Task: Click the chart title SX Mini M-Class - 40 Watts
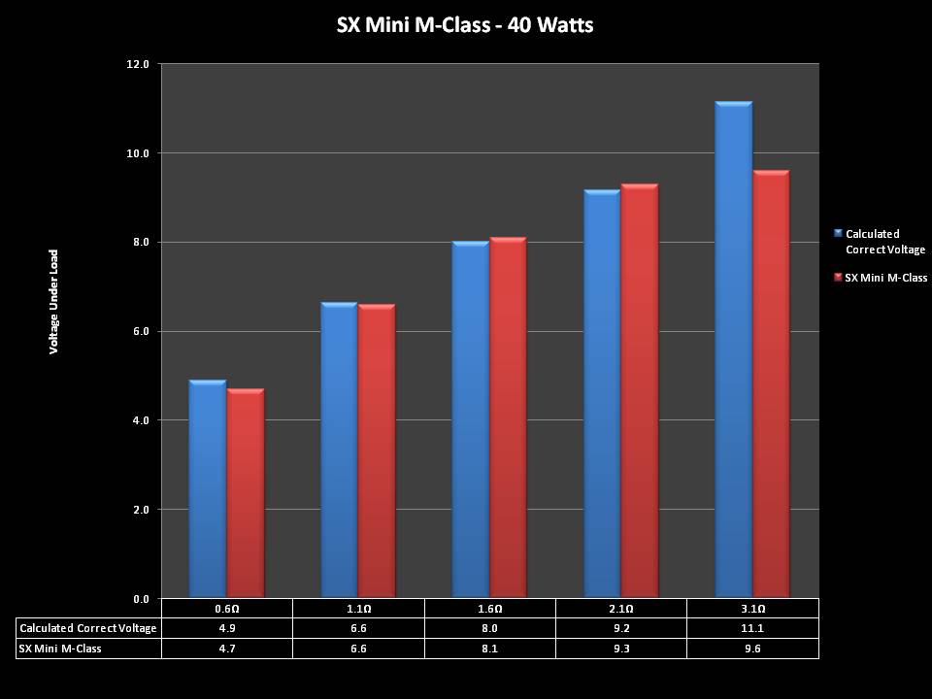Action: tap(464, 25)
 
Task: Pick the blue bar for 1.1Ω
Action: tap(339, 450)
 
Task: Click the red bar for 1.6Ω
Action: tap(508, 417)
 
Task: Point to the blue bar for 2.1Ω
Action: tap(602, 393)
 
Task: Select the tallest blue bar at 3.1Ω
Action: tap(733, 349)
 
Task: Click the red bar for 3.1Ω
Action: tap(771, 384)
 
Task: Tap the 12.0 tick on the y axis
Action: tap(139, 64)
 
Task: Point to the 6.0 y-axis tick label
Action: tap(139, 331)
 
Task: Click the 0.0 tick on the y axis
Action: tap(139, 598)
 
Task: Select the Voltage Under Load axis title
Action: tap(54, 301)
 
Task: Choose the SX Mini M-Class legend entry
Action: tap(884, 278)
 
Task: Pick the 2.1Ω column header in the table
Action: tap(621, 609)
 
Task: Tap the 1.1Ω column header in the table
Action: tap(358, 609)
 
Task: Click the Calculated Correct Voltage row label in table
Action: tap(88, 628)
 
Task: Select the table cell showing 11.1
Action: tap(752, 628)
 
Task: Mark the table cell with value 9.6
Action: tap(752, 648)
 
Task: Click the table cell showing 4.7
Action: tap(226, 648)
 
